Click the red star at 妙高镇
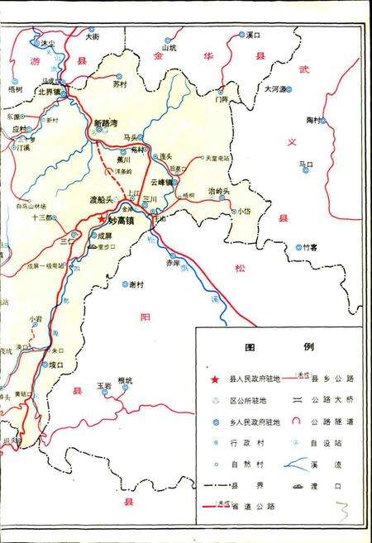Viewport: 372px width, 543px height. coord(102,220)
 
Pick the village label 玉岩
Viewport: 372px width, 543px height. coord(103,385)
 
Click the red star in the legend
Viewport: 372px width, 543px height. coord(216,379)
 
